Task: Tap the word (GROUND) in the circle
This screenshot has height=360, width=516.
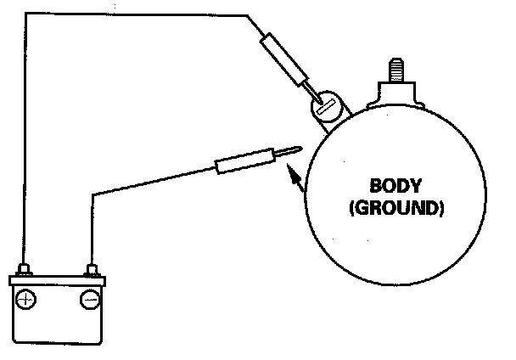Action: pos(395,206)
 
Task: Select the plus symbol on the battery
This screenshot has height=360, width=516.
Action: pos(27,299)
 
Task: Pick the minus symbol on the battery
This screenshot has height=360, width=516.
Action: pos(90,299)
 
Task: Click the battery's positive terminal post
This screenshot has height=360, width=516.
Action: pos(25,272)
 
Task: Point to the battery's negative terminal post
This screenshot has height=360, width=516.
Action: pos(90,272)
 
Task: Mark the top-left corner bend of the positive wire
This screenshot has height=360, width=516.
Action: pos(25,14)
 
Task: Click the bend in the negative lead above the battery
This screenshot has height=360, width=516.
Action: pos(90,194)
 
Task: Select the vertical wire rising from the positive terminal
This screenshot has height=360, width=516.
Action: pos(25,144)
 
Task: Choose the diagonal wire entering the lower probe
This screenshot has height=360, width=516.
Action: pos(153,181)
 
